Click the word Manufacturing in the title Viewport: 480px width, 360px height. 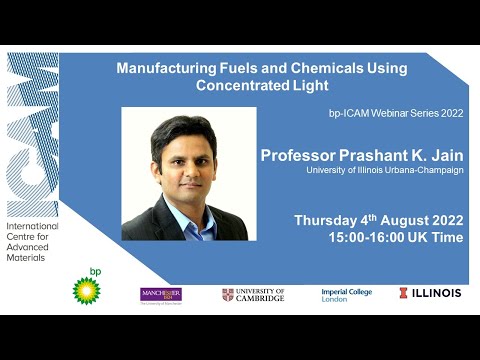165,69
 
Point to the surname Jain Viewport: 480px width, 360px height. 440,155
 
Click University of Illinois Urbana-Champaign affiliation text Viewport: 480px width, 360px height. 384,171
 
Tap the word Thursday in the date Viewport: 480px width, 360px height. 328,220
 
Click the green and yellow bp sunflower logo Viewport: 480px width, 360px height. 87,290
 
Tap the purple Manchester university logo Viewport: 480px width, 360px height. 160,294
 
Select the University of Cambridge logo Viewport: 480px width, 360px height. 253,294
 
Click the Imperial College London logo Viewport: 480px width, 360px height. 346,294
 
